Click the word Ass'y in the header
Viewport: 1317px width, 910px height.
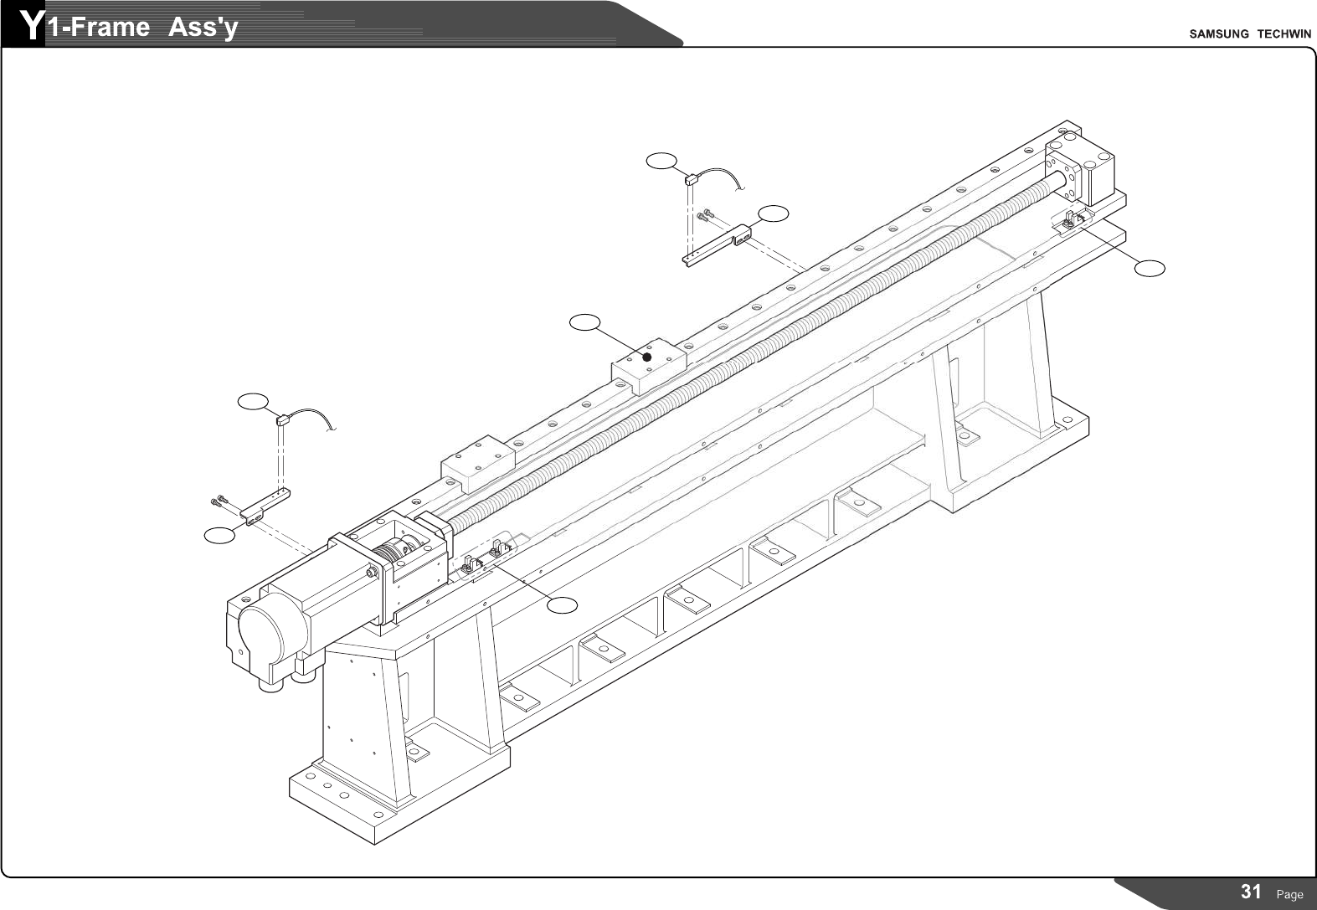[x=203, y=28]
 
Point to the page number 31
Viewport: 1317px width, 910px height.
[x=1252, y=892]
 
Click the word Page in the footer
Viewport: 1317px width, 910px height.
[x=1289, y=894]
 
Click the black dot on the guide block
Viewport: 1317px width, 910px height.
[x=646, y=357]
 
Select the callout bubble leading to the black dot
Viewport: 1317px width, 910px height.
[x=584, y=321]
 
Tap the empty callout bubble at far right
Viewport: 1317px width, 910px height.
[x=1150, y=268]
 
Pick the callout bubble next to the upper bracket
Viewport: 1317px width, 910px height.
[x=774, y=213]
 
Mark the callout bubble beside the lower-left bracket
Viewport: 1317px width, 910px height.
[x=220, y=535]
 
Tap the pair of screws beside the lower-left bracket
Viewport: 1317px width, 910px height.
[x=219, y=501]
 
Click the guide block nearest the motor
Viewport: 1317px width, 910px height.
[x=476, y=462]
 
